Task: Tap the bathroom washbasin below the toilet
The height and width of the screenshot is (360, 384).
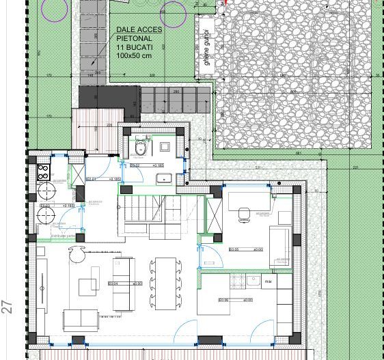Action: click(x=165, y=179)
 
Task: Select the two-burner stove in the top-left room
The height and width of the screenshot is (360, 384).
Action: click(x=42, y=171)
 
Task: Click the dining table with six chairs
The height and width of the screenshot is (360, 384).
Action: click(x=165, y=282)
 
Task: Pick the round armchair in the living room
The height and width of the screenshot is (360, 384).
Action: click(x=75, y=255)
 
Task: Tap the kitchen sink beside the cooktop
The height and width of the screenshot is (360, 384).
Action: click(x=253, y=279)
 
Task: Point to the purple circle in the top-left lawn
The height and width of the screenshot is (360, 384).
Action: click(x=55, y=7)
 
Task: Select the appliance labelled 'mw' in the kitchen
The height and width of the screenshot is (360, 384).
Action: click(x=270, y=280)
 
